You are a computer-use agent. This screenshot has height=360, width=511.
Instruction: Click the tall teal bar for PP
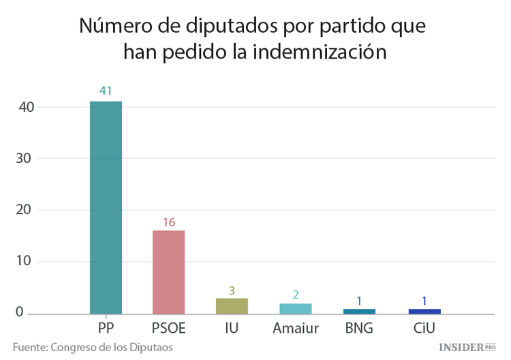click(106, 207)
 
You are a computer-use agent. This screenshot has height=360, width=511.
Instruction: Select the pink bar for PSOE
click(168, 272)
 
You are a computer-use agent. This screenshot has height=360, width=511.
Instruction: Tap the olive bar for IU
click(232, 306)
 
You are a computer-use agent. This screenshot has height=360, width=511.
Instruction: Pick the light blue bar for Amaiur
click(295, 308)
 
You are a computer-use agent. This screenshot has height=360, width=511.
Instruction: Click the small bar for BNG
click(359, 311)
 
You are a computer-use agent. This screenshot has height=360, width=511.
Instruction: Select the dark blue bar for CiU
click(424, 311)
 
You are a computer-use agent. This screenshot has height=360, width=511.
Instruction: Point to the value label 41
click(106, 91)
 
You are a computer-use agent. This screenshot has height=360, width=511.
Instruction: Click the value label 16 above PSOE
click(168, 222)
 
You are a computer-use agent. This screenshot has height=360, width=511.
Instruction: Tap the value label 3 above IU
click(232, 290)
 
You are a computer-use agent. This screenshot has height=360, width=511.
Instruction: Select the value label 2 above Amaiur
click(295, 295)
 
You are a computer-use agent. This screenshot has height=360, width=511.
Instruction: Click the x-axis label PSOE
click(168, 327)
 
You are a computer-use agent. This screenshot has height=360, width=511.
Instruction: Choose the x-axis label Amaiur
click(295, 327)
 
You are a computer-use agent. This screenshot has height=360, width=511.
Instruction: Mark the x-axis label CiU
click(424, 327)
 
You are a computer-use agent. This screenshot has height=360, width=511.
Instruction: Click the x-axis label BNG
click(359, 327)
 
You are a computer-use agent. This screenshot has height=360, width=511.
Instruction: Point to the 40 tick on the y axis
click(25, 107)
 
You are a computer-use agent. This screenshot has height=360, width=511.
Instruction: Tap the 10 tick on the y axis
click(25, 261)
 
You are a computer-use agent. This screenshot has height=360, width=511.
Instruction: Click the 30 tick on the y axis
click(25, 158)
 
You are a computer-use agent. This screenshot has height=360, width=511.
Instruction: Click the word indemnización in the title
click(320, 52)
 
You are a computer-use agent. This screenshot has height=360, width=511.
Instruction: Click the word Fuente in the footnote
click(29, 347)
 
